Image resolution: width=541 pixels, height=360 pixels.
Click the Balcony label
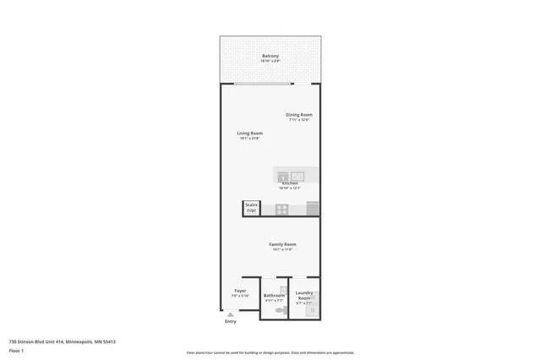pyautogui.click(x=270, y=56)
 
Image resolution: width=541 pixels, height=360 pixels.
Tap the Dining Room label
pyautogui.click(x=300, y=115)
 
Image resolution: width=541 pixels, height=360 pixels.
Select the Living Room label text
pyautogui.click(x=249, y=133)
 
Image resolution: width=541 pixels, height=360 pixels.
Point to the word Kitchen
pyautogui.click(x=290, y=183)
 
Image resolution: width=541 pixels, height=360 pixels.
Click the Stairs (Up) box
pyautogui.click(x=251, y=207)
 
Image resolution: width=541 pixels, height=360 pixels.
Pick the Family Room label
pyautogui.click(x=282, y=244)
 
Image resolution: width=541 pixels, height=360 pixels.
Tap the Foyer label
pyautogui.click(x=240, y=291)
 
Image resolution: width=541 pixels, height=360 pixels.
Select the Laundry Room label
pyautogui.click(x=304, y=296)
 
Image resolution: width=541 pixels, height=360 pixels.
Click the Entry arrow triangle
pyautogui.click(x=230, y=314)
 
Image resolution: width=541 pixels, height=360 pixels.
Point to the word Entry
pyautogui.click(x=230, y=322)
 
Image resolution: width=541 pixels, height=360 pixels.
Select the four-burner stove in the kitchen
pyautogui.click(x=282, y=209)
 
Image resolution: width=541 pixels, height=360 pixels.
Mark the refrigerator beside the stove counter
pyautogui.click(x=313, y=209)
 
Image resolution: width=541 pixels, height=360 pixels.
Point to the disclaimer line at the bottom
pyautogui.click(x=270, y=353)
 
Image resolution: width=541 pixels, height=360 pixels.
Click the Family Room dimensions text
pyautogui.click(x=282, y=250)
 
